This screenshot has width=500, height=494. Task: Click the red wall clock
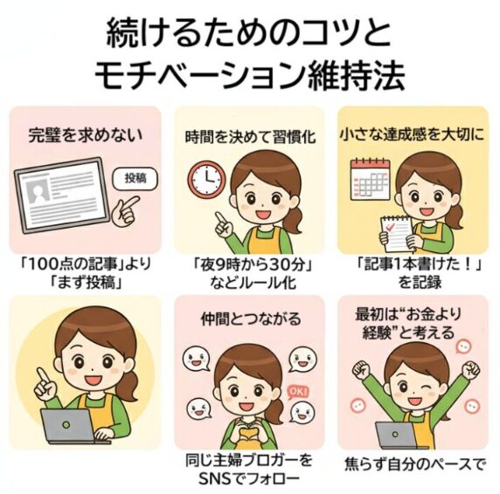coord(206,179)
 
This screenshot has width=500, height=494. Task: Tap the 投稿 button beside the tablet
coord(135,178)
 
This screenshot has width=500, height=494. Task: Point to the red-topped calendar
coord(370,179)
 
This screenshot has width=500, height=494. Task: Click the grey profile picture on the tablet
coord(38,190)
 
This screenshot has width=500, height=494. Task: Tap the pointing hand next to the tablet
coord(126,210)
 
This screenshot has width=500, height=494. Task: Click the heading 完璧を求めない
coord(86,135)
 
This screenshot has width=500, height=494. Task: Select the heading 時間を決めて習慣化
coord(250,137)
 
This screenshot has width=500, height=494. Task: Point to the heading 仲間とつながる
coord(251,319)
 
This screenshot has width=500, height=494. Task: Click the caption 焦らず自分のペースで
coord(414,464)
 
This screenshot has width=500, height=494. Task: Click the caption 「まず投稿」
coord(87,282)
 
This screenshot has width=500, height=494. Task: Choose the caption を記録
coord(420,282)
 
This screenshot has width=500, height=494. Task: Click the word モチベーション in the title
coord(199,77)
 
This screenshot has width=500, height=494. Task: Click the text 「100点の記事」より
coord(86,264)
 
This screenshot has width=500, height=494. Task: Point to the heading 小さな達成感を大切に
coord(413,135)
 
